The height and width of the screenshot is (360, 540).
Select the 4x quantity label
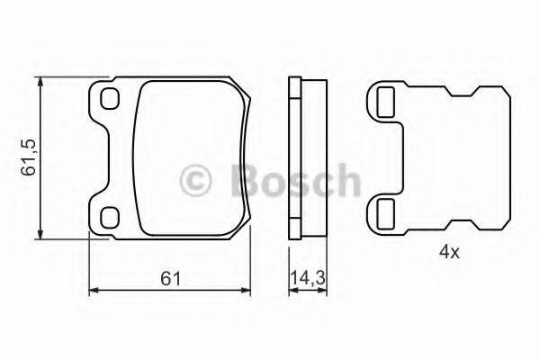pyautogui.click(x=449, y=253)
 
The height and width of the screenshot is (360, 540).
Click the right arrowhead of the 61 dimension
pyautogui.click(x=251, y=290)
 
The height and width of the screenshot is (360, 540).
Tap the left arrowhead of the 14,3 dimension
pyautogui.click(x=291, y=290)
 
